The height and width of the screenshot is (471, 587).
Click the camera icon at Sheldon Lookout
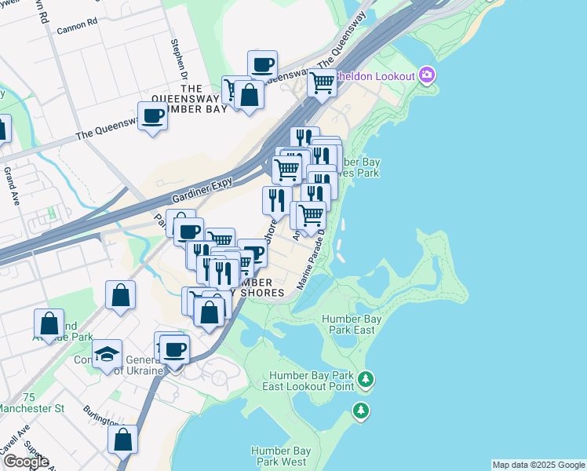(x=427, y=75)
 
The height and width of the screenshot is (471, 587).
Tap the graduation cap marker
(x=108, y=354)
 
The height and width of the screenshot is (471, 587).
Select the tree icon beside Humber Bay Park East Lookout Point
(x=365, y=381)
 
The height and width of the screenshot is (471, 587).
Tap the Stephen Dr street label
(x=179, y=54)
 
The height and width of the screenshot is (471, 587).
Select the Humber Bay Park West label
(x=280, y=456)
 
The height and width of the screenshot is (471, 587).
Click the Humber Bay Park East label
(x=352, y=324)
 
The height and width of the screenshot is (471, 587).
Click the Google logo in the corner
(x=25, y=462)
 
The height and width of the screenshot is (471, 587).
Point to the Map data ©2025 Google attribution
(x=538, y=465)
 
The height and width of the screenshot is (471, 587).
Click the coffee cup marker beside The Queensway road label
(x=152, y=116)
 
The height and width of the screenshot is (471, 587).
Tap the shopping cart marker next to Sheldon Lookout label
(x=323, y=82)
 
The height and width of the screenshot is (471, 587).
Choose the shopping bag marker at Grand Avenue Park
(x=49, y=323)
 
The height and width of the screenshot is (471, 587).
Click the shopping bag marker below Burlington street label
(x=122, y=440)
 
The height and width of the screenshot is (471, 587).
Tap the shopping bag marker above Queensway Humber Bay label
(x=249, y=95)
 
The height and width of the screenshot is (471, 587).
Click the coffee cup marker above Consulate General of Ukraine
(x=174, y=349)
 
